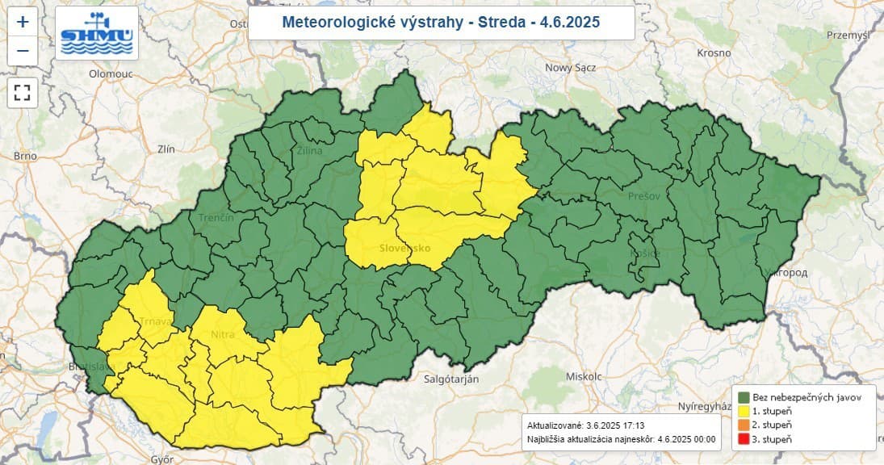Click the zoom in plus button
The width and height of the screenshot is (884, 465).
(x=23, y=22)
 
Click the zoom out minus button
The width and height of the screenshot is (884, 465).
(x=23, y=51)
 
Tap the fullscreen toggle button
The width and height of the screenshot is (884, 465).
(x=23, y=91)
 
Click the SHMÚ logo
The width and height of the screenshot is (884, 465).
(x=97, y=33)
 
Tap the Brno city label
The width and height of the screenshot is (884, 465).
(x=26, y=156)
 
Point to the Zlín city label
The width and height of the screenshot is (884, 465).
(x=167, y=149)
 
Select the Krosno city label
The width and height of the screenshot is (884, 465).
(x=714, y=52)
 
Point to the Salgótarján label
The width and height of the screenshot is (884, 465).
(x=451, y=379)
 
